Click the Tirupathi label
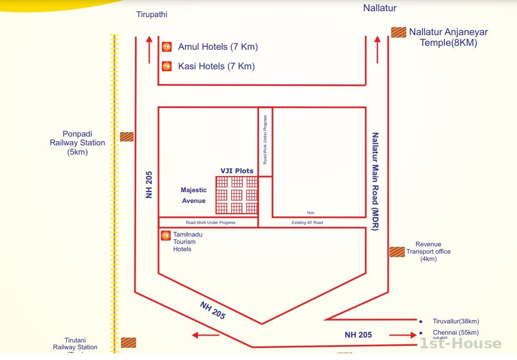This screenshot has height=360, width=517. pos(151,15)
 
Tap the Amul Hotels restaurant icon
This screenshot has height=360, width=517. pos(166,47)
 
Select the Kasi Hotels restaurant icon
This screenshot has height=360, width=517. pos(166,66)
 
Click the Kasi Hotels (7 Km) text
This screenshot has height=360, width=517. pos(216,66)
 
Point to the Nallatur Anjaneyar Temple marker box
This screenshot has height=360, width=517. pos(398,32)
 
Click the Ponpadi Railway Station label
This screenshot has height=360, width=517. pos(77,143)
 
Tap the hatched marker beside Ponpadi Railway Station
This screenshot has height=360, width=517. pos(127,137)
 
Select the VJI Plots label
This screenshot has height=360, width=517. pos(237,171)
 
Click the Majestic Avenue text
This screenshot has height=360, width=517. pos(194,195)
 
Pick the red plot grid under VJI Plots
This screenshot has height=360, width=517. pos(237,195)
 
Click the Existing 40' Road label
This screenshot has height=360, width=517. pos(307,222)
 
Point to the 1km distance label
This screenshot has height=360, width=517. pos(310,213)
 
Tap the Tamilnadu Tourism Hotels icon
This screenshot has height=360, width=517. pos(165,236)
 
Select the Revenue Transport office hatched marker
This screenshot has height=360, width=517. pos(397,252)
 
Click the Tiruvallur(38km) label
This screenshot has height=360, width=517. pos(456,321)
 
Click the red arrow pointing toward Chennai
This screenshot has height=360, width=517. pos(403,335)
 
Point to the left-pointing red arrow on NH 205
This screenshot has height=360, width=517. pos(205,335)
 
